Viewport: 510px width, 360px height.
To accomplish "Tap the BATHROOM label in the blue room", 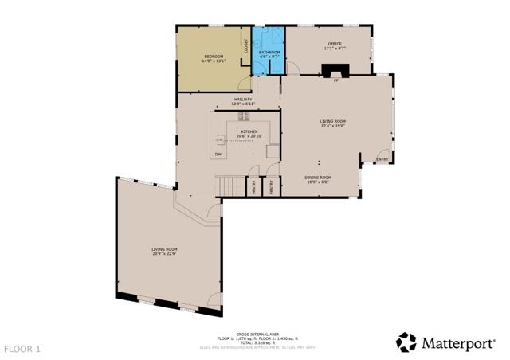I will [269, 52].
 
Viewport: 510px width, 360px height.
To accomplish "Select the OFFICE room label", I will [335, 44].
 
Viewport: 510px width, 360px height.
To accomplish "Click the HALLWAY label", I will [242, 100].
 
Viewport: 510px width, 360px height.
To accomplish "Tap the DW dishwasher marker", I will [218, 153].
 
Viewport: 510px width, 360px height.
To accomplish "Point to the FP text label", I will [336, 80].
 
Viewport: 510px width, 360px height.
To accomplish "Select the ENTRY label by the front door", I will [382, 159].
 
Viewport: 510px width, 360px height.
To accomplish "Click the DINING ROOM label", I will [318, 178].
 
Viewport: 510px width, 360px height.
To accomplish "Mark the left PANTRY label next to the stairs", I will [257, 188].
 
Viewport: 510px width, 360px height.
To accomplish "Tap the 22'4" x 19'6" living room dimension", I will [333, 126].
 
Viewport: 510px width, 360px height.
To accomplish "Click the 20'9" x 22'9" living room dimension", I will [164, 254].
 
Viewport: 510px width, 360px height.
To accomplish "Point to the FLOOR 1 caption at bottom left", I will [22, 349].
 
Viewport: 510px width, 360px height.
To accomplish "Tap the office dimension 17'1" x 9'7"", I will [335, 49].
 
